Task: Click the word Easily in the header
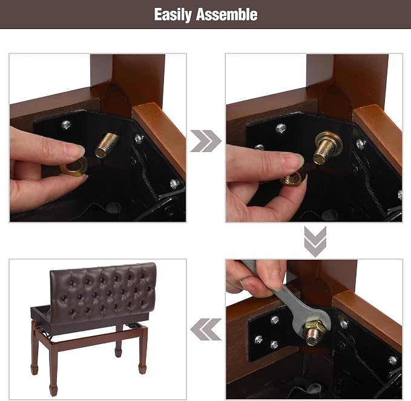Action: click(173, 15)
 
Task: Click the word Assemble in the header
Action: click(227, 14)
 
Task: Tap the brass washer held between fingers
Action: click(74, 166)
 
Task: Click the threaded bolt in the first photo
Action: click(107, 145)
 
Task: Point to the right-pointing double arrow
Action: click(206, 141)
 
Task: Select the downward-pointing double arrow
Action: click(315, 242)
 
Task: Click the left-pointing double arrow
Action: click(206, 330)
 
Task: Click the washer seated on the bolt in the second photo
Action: click(329, 144)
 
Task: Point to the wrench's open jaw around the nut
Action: click(314, 325)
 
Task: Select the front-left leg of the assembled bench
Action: click(53, 367)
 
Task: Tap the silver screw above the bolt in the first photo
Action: click(67, 125)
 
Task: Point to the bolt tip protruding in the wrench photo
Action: click(312, 337)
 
